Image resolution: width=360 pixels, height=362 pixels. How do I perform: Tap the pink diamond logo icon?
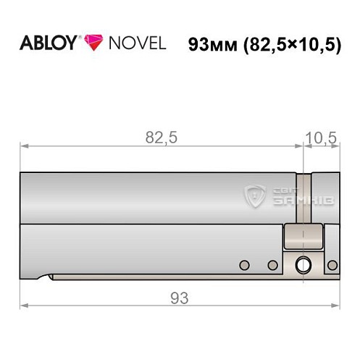[x=93, y=43]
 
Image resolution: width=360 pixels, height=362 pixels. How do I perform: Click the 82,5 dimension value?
[x=161, y=139]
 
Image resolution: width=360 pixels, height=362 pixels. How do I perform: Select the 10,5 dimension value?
[x=319, y=139]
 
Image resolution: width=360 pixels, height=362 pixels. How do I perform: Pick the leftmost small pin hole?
[x=245, y=264]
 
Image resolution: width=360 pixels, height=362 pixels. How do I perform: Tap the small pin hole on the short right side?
[x=332, y=265]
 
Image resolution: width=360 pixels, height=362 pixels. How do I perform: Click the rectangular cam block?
[x=301, y=236]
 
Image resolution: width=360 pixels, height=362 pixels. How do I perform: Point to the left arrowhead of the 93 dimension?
[x=23, y=305]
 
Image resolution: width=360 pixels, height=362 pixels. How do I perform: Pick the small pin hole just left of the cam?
[x=273, y=265]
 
